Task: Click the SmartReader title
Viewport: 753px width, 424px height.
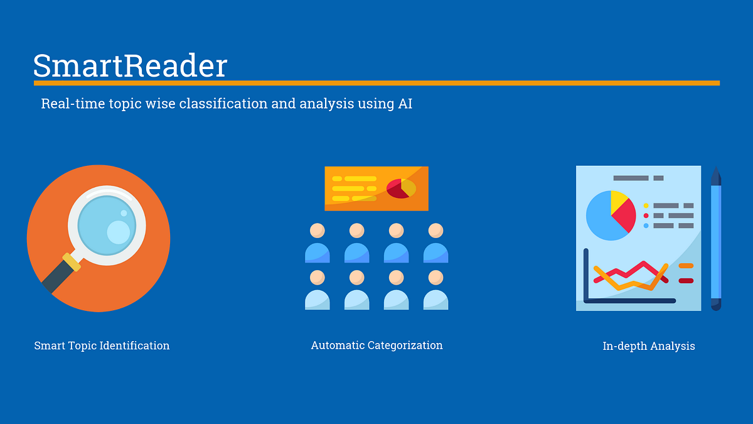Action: coord(130,66)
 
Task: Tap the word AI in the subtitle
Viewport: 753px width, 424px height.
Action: coord(405,104)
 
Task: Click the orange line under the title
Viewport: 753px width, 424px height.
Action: coord(376,83)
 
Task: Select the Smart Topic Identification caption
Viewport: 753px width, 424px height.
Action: coord(102,345)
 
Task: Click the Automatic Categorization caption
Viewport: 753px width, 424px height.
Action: coord(376,345)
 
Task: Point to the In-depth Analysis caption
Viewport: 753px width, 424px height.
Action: coord(648,346)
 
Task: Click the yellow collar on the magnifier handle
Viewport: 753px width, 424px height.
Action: coord(72,261)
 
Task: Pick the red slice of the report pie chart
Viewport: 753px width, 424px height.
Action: coord(625,217)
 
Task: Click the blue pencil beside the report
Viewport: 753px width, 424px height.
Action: coord(716,239)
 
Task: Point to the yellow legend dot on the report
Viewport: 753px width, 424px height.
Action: coord(646,205)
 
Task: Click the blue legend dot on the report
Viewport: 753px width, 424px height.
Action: coord(646,226)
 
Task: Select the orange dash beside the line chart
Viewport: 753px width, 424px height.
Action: coord(686,266)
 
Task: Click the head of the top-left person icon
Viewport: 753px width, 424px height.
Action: coord(317,231)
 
